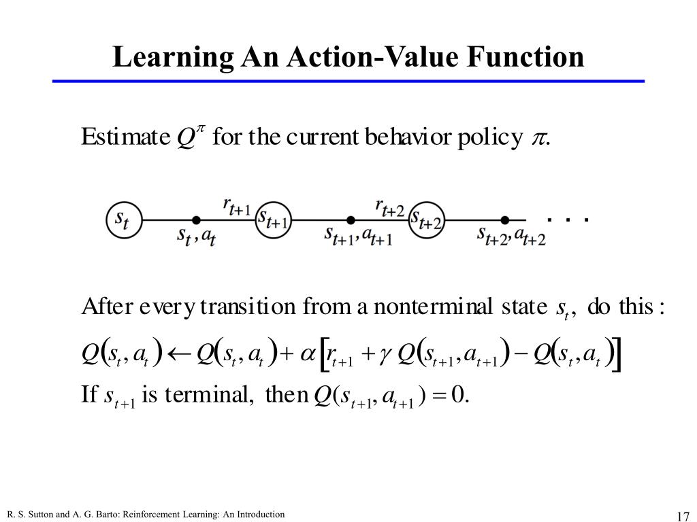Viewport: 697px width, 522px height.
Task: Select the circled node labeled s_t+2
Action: tap(427, 220)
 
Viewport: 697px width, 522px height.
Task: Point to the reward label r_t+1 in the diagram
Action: tap(236, 205)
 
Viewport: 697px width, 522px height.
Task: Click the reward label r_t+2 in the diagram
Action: tap(389, 205)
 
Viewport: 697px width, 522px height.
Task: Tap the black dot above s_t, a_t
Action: tap(196, 220)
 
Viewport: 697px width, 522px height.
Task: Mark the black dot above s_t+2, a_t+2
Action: tap(505, 220)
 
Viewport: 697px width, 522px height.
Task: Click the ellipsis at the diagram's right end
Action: tap(567, 220)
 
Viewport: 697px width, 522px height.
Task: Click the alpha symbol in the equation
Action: tap(308, 354)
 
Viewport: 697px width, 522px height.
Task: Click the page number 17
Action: tap(683, 515)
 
